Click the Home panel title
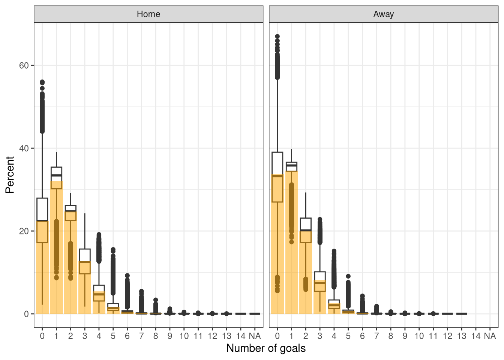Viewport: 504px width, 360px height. [x=148, y=14]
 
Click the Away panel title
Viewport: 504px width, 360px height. [x=383, y=14]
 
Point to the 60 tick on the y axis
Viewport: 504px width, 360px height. [x=24, y=65]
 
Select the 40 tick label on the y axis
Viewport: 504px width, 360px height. [x=24, y=148]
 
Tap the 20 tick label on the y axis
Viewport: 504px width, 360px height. [x=24, y=231]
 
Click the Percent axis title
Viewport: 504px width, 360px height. [x=10, y=175]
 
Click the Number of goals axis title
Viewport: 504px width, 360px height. [x=266, y=348]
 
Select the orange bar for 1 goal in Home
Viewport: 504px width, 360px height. [x=56, y=247]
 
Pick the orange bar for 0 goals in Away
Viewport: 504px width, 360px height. [x=277, y=244]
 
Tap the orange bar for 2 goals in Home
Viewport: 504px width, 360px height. [x=70, y=262]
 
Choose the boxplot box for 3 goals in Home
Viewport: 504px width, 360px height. [x=85, y=261]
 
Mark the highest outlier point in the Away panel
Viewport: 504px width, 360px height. [x=277, y=37]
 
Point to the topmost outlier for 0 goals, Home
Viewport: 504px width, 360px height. [x=42, y=82]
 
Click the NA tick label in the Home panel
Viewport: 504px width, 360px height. [x=255, y=336]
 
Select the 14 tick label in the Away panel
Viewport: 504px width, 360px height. [x=475, y=336]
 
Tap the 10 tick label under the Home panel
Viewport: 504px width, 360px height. [x=184, y=336]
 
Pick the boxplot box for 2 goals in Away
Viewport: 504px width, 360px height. [x=306, y=230]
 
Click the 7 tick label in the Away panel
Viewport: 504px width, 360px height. [x=376, y=336]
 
